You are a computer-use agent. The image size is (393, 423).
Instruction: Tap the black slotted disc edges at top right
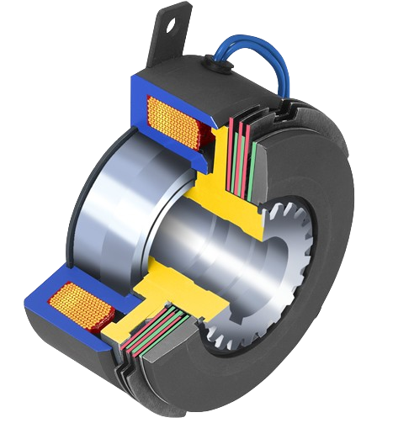290,118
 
